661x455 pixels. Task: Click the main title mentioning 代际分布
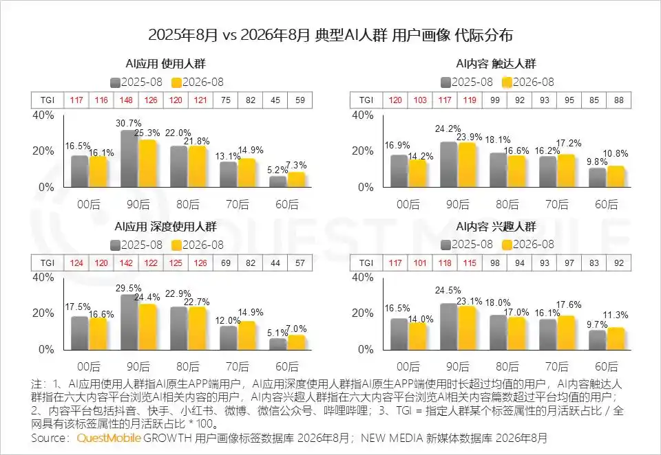click(330, 35)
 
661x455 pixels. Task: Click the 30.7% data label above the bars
click(129, 123)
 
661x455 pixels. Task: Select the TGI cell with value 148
click(126, 100)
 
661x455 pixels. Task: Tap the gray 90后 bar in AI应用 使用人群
click(129, 159)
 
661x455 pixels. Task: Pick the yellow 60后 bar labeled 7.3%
click(296, 179)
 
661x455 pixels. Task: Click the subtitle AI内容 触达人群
click(496, 64)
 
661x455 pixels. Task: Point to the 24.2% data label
click(448, 129)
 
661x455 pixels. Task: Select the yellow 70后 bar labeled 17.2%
click(566, 170)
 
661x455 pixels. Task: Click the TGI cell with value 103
click(420, 100)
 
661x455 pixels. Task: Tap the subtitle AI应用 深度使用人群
click(166, 227)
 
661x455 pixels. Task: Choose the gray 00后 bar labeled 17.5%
click(80, 333)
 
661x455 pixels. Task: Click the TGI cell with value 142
click(126, 263)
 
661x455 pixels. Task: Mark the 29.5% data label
click(129, 288)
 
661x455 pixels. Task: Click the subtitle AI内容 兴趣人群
click(496, 227)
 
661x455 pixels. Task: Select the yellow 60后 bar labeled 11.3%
click(616, 339)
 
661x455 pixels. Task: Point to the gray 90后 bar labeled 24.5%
click(448, 326)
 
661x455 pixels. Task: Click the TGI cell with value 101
click(420, 263)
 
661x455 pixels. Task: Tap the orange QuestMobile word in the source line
click(109, 439)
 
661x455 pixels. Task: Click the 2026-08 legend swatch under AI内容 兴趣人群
click(507, 245)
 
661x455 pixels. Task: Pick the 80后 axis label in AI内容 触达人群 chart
click(507, 205)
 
